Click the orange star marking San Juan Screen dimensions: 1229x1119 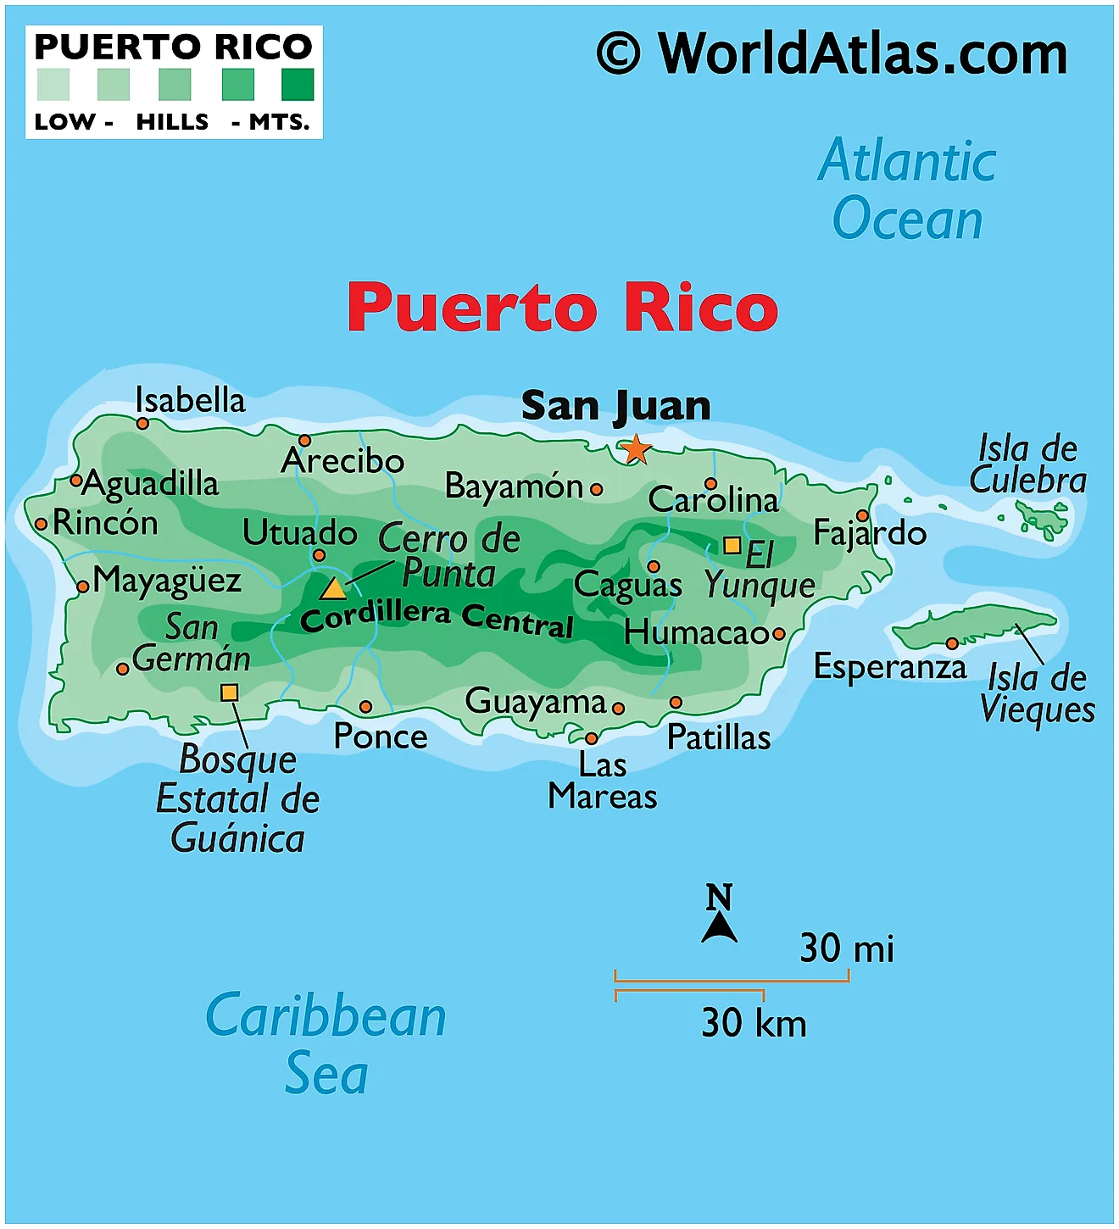point(635,449)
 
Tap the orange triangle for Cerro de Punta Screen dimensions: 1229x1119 point(333,588)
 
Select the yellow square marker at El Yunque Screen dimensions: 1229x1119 point(732,545)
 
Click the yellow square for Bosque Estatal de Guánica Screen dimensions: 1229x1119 point(229,692)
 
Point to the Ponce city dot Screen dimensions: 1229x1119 point(365,707)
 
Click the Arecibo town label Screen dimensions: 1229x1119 point(342,461)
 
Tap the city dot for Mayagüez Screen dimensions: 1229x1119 point(83,587)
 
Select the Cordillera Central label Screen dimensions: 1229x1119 point(437,618)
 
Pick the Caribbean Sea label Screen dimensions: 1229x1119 point(326,1043)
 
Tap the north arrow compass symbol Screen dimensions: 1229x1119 point(719,915)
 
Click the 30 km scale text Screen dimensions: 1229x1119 point(754,1023)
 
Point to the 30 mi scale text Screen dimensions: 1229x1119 point(846,948)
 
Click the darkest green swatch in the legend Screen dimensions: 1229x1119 point(298,85)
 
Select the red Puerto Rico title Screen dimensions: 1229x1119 point(562,308)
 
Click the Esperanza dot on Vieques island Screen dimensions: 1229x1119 point(952,644)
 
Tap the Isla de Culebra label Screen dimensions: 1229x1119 point(1027,464)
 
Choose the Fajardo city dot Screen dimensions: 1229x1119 point(862,515)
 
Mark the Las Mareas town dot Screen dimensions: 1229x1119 point(592,738)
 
